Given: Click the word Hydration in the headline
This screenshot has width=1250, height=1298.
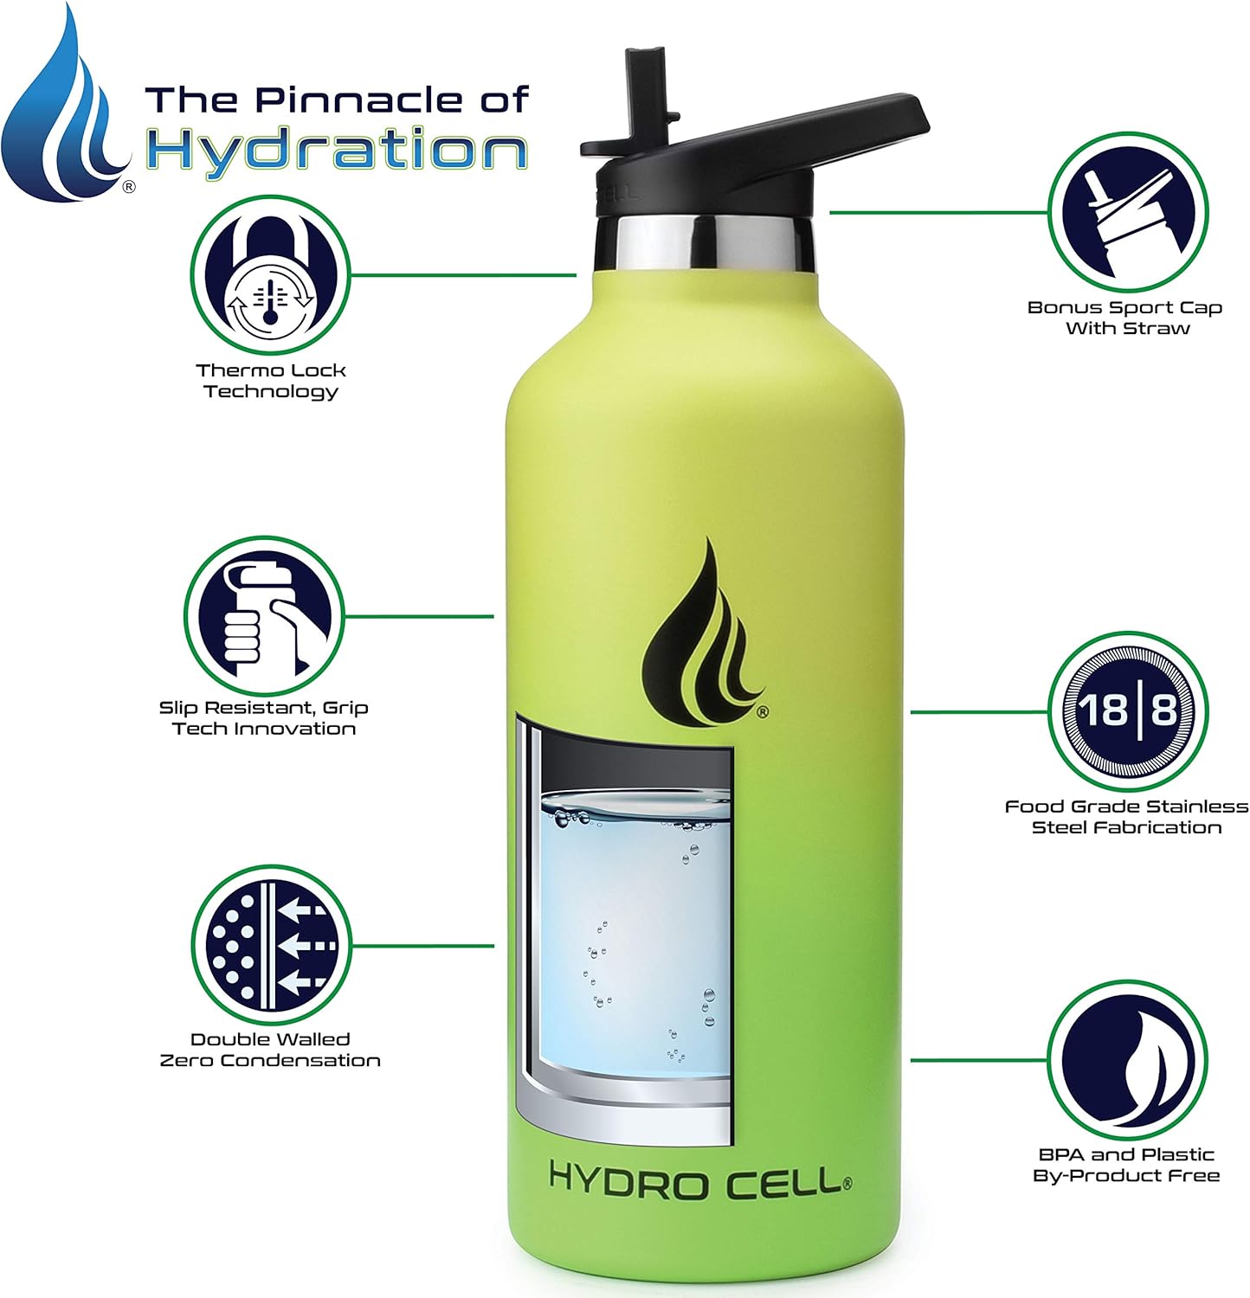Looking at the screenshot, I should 336,151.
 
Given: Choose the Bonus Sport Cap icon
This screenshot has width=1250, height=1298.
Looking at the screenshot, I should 1128,211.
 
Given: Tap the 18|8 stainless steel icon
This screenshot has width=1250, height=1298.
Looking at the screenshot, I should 1128,711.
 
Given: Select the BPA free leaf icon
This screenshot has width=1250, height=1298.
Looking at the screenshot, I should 1128,1059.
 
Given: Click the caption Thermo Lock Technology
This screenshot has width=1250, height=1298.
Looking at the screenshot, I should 270,381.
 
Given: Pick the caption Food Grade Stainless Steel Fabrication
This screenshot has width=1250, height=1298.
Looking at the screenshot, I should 1126,817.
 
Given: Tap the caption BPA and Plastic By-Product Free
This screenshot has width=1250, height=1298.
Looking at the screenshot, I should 1126,1165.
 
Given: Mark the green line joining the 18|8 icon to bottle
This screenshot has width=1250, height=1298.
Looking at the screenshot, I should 978,712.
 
